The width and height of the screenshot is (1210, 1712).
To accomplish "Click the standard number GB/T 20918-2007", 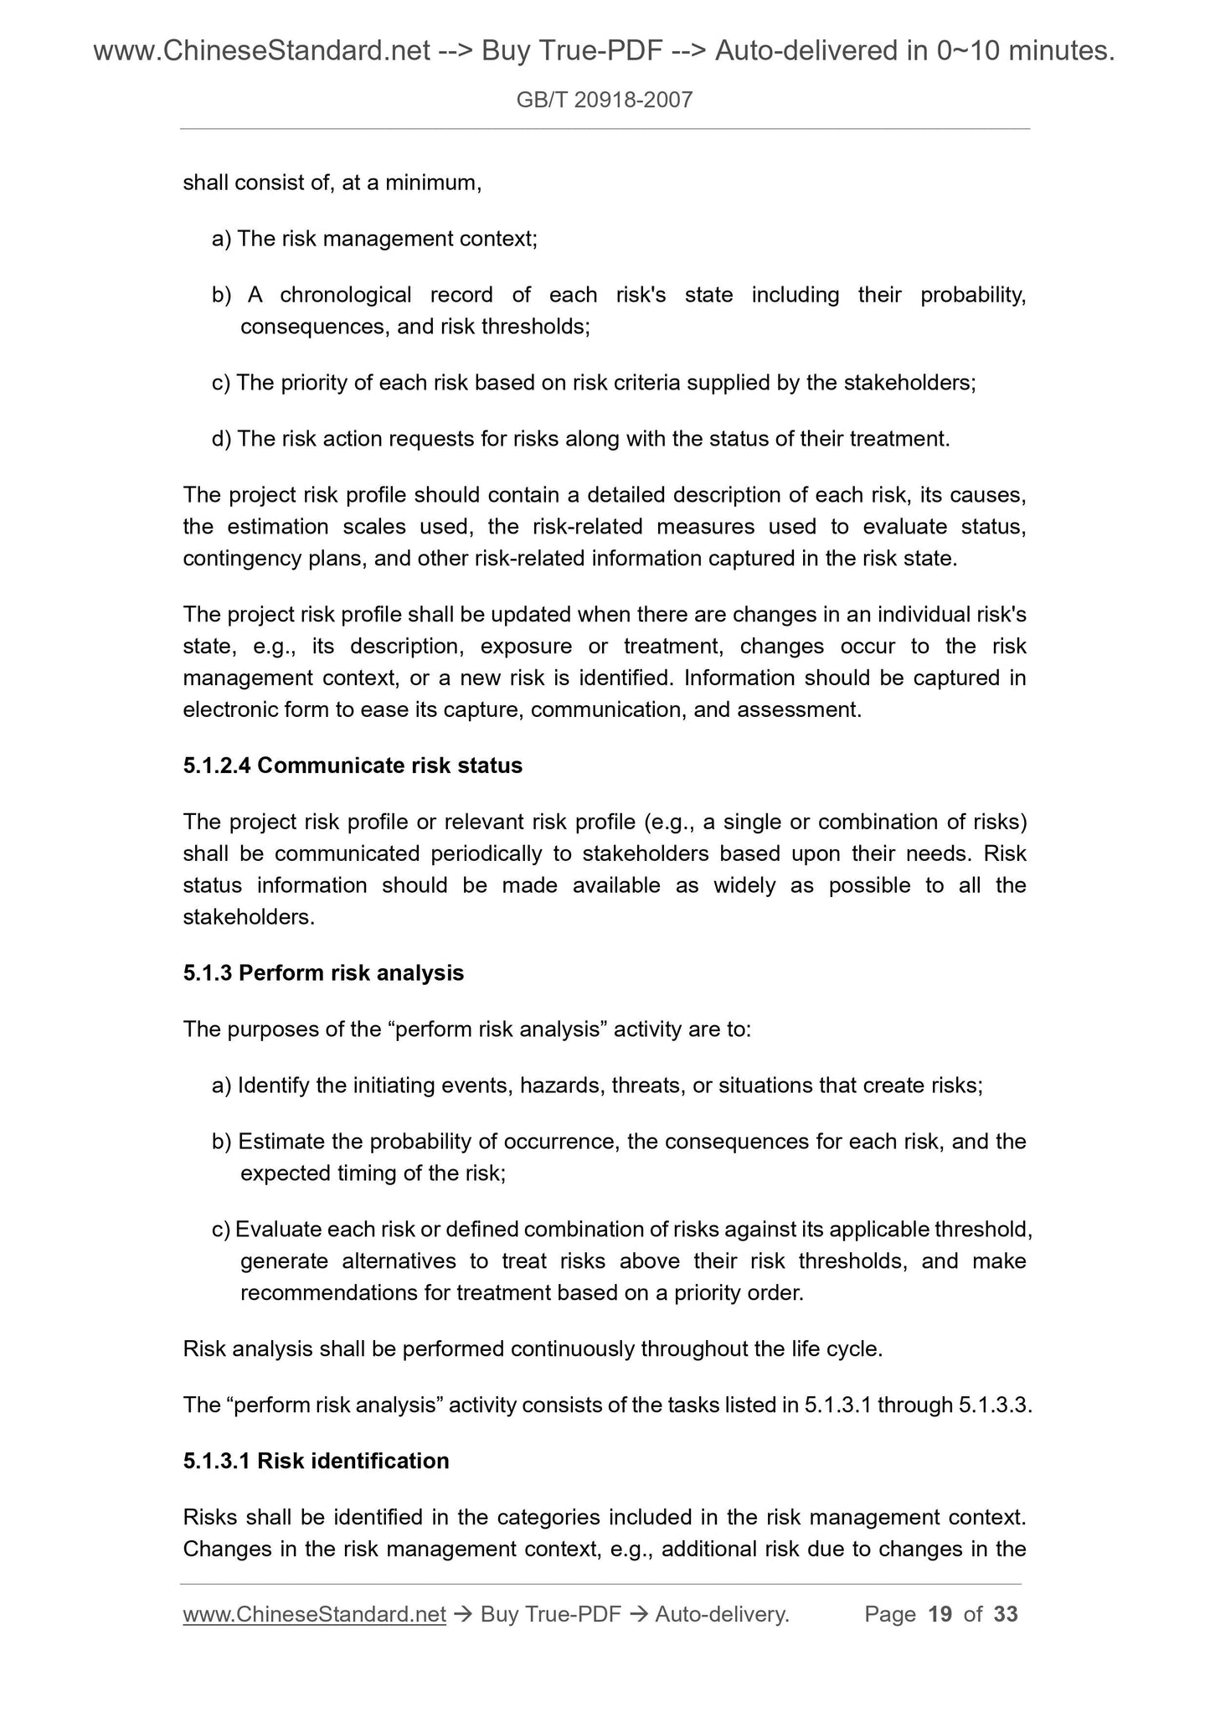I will click(x=604, y=101).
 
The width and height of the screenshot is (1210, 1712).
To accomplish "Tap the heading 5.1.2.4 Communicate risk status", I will click(x=353, y=766).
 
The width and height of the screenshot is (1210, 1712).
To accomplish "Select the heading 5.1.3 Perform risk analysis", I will click(x=323, y=973).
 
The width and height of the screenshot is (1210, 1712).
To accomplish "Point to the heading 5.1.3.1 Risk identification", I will click(x=316, y=1461).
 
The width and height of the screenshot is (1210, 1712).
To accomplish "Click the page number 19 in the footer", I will click(x=940, y=1614).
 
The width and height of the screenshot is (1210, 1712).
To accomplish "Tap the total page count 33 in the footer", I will click(x=1005, y=1614).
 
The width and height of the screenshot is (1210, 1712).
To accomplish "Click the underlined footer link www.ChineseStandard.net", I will click(x=314, y=1614).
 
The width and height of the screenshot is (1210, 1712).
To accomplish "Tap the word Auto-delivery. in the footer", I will click(x=722, y=1614).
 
